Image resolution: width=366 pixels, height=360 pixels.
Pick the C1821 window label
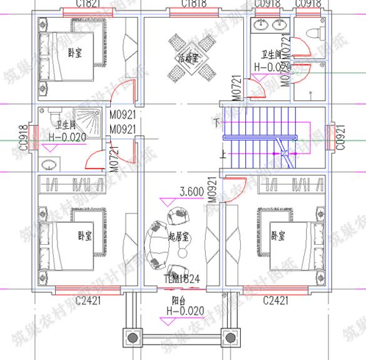point(87,4)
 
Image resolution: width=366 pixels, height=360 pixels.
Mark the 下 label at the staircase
point(217,121)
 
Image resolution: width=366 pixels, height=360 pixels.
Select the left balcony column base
point(132,339)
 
